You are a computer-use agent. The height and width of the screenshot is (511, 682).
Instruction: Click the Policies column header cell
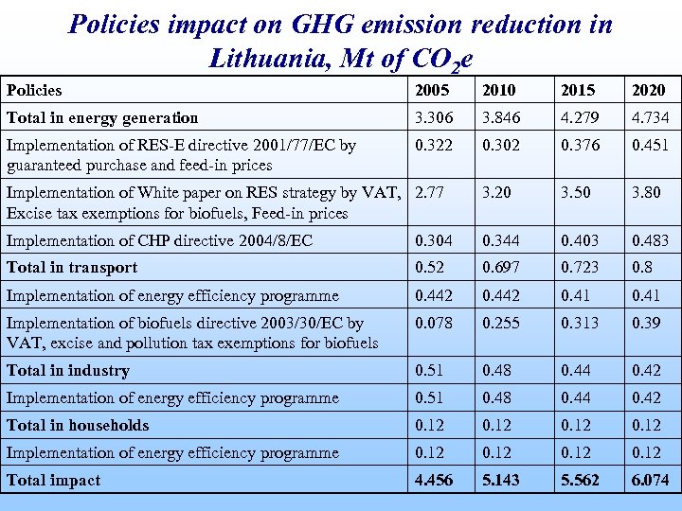[x=34, y=90]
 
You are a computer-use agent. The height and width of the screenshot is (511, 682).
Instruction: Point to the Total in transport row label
[x=72, y=268]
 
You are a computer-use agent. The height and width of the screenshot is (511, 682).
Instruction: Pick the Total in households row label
[x=78, y=425]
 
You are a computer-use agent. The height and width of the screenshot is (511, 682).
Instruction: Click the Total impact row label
[x=53, y=480]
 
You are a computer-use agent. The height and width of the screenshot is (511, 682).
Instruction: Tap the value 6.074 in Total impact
[x=650, y=480]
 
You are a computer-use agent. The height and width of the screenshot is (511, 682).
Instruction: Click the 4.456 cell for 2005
[x=434, y=480]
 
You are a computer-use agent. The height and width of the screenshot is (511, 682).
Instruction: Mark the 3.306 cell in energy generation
[x=434, y=117]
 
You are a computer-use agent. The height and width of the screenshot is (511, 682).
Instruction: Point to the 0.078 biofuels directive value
[x=434, y=323]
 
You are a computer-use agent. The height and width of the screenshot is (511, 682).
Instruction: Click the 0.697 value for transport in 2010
[x=501, y=268]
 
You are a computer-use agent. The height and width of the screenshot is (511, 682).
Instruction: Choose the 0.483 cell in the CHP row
[x=650, y=240]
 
